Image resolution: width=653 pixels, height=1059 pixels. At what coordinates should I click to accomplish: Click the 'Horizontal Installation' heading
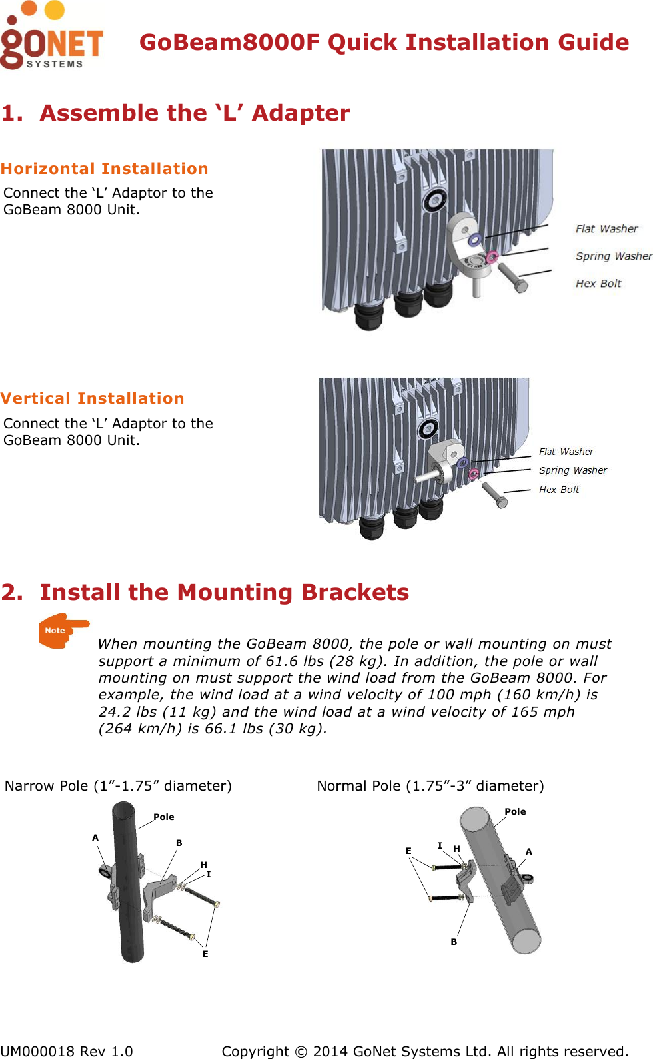pyautogui.click(x=105, y=169)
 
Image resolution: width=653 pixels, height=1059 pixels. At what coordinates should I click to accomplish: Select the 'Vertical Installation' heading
pyautogui.click(x=93, y=398)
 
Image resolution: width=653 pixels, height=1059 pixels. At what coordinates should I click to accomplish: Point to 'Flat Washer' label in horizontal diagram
pyautogui.click(x=606, y=229)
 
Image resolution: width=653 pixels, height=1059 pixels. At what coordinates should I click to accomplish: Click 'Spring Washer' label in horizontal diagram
pyautogui.click(x=613, y=256)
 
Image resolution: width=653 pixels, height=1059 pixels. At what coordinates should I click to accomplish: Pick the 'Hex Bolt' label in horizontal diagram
pyautogui.click(x=598, y=284)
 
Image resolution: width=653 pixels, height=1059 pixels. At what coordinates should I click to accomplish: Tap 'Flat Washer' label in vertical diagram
pyautogui.click(x=566, y=452)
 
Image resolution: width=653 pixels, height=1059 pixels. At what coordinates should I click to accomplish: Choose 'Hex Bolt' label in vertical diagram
pyautogui.click(x=559, y=490)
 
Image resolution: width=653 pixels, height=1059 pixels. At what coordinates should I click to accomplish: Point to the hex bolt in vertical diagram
pyautogui.click(x=494, y=495)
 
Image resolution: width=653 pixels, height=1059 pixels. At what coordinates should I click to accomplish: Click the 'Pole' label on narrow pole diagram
pyautogui.click(x=164, y=817)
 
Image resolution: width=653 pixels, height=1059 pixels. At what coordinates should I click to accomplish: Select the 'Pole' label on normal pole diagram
pyautogui.click(x=515, y=811)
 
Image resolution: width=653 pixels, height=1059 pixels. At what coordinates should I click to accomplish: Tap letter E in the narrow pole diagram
pyautogui.click(x=205, y=954)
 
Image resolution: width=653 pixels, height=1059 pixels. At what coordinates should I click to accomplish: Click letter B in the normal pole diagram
pyautogui.click(x=454, y=942)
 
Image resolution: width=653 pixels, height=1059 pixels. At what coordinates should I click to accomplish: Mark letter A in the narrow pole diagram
pyautogui.click(x=95, y=837)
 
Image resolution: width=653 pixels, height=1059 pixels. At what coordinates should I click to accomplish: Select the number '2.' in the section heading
pyautogui.click(x=13, y=592)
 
